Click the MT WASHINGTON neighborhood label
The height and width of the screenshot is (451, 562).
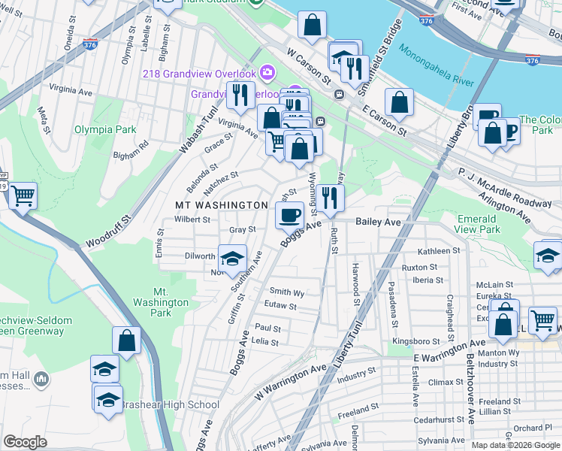click(221, 204)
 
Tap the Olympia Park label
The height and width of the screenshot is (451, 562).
click(105, 129)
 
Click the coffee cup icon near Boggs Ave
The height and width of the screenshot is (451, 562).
click(289, 216)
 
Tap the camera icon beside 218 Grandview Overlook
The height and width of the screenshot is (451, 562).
click(267, 73)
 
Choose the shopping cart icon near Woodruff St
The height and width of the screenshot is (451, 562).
click(23, 196)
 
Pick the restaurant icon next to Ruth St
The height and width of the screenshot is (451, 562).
click(329, 198)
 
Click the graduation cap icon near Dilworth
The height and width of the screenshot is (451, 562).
click(232, 259)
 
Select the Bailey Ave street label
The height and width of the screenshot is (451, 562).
click(379, 222)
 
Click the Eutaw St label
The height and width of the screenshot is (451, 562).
click(280, 307)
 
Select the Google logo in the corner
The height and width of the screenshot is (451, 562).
click(26, 442)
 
